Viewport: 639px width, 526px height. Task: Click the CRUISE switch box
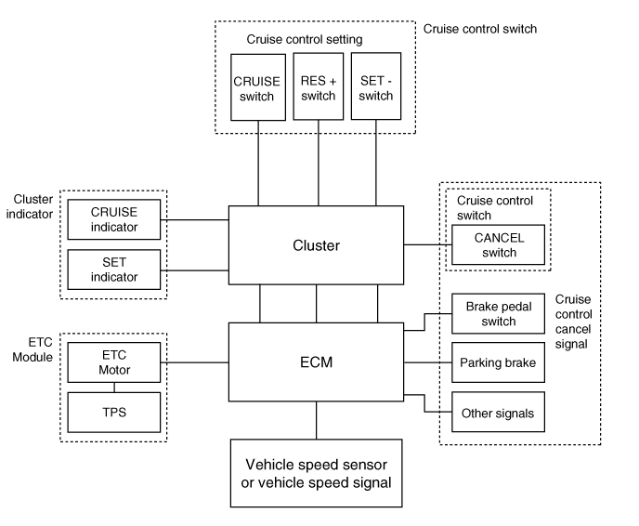point(258,87)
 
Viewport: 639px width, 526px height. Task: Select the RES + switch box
point(319,86)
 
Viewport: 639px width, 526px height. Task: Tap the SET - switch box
point(376,86)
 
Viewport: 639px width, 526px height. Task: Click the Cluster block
point(316,245)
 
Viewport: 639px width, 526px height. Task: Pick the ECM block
point(316,362)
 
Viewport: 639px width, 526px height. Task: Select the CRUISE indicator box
point(114,219)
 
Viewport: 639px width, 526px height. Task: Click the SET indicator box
point(114,270)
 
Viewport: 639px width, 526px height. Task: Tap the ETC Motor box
point(114,362)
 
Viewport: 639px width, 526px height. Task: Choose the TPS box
point(114,413)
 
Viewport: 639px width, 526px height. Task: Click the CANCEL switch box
point(498,244)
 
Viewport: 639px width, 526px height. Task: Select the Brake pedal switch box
point(498,313)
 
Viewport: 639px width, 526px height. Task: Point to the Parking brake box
point(498,362)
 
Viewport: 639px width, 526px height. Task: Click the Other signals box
point(498,412)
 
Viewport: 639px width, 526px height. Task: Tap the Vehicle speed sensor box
point(316,473)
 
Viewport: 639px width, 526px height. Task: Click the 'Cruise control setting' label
point(305,39)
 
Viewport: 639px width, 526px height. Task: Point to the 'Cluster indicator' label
point(30,206)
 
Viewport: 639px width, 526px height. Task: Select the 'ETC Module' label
point(33,349)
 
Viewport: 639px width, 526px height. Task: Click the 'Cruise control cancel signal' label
point(573,322)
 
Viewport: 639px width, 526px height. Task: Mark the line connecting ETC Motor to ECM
point(195,362)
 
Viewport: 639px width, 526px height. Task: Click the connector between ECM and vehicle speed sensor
point(316,420)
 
